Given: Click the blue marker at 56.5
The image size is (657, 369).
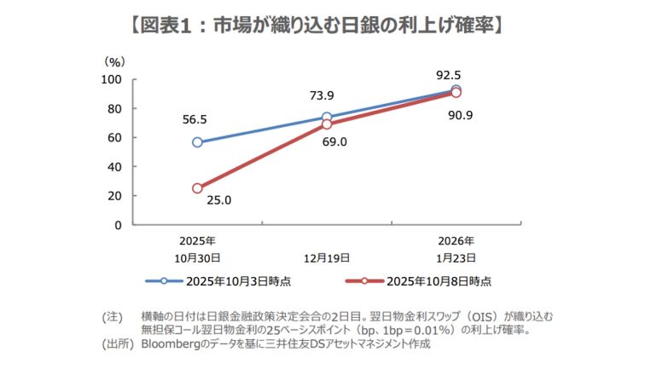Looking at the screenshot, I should (197, 142).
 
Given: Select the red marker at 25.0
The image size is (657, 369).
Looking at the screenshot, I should (197, 188).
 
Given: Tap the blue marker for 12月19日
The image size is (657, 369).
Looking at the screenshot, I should (327, 118).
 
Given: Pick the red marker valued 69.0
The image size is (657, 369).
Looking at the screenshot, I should (327, 124).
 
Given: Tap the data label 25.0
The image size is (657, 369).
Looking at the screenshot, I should (220, 201).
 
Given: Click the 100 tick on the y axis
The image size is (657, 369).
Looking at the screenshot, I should (113, 79).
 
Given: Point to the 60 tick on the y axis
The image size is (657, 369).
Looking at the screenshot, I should (117, 137).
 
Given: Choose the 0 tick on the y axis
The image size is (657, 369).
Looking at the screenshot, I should (120, 225).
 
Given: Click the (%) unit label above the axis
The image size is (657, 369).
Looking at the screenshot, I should (114, 62).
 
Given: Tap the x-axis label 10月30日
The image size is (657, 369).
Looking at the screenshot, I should (197, 257).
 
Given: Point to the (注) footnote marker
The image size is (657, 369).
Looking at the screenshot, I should (113, 316).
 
